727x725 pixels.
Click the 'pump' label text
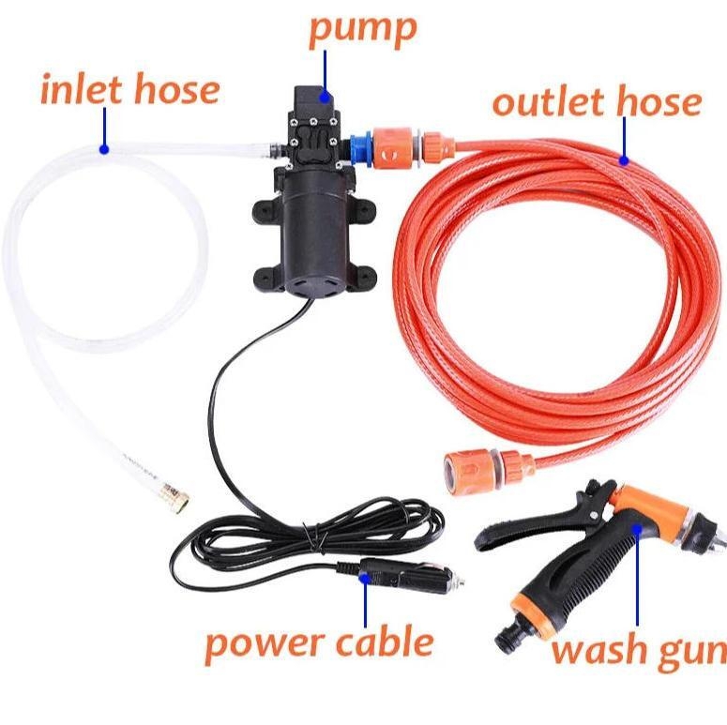362,29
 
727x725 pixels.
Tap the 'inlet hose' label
129,90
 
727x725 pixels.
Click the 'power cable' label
319,642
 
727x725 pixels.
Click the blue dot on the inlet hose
104,148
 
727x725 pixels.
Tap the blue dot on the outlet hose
623,160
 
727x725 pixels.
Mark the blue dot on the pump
326,94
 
